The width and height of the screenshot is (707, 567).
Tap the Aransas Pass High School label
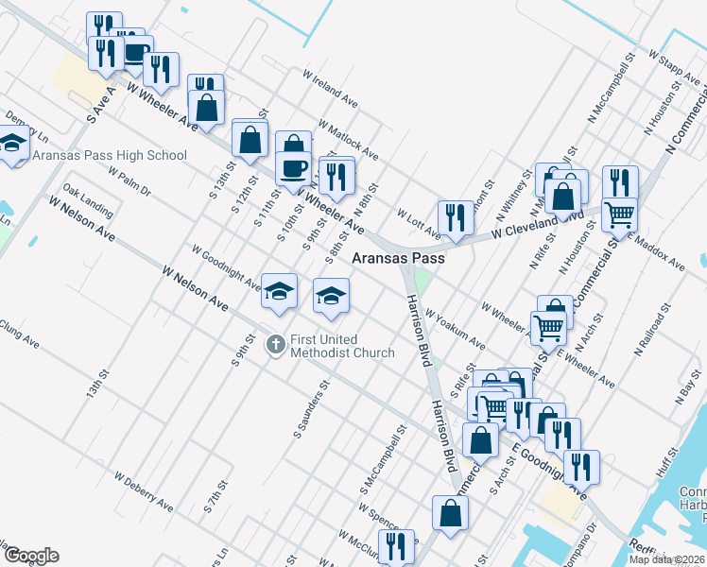coord(110,155)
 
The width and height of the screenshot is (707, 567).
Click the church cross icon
coord(275,344)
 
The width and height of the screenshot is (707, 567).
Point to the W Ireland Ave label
coord(330,87)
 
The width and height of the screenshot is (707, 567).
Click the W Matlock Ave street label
coord(349,139)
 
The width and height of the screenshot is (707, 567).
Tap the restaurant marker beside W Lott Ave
coord(455,217)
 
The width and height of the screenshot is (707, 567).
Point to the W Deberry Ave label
coord(143,489)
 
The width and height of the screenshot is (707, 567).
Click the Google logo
coord(31,556)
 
